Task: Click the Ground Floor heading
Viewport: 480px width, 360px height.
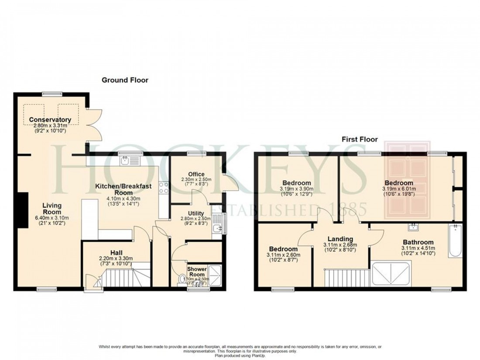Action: pyautogui.click(x=125, y=80)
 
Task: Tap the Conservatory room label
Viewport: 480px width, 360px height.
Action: pyautogui.click(x=50, y=120)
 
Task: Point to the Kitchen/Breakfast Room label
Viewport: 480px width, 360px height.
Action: pyautogui.click(x=123, y=189)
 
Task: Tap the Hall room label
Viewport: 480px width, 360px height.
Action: pyautogui.click(x=116, y=253)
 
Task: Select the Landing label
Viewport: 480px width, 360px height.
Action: pyautogui.click(x=340, y=239)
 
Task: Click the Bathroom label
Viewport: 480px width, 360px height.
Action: pyautogui.click(x=418, y=242)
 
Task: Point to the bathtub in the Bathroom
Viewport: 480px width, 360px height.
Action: pyautogui.click(x=455, y=241)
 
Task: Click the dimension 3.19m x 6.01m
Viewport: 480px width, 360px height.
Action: pyautogui.click(x=399, y=189)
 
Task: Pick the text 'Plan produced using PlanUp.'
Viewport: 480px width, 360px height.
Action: pyautogui.click(x=240, y=354)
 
